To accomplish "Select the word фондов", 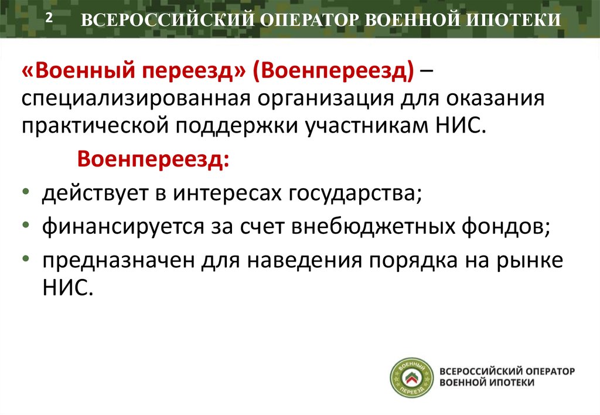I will pyautogui.click(x=504, y=226).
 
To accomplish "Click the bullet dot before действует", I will pyautogui.click(x=29, y=194).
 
